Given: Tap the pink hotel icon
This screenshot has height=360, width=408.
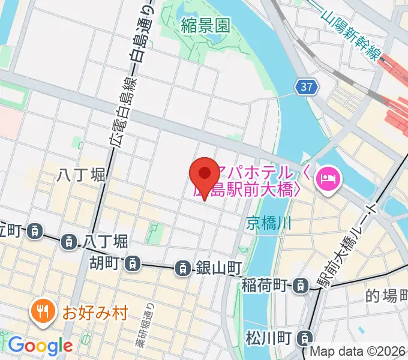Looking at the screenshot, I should (x=329, y=178).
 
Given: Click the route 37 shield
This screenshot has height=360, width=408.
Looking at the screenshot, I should (x=307, y=88).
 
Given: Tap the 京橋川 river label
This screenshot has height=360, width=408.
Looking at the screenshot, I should (x=268, y=224).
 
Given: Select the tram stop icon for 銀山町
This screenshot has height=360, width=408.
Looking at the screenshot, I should (x=182, y=268).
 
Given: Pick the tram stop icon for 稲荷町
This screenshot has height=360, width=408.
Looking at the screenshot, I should (x=299, y=286).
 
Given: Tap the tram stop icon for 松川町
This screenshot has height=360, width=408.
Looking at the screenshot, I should (x=306, y=339).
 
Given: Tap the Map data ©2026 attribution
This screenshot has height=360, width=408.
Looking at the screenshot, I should (x=362, y=352).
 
